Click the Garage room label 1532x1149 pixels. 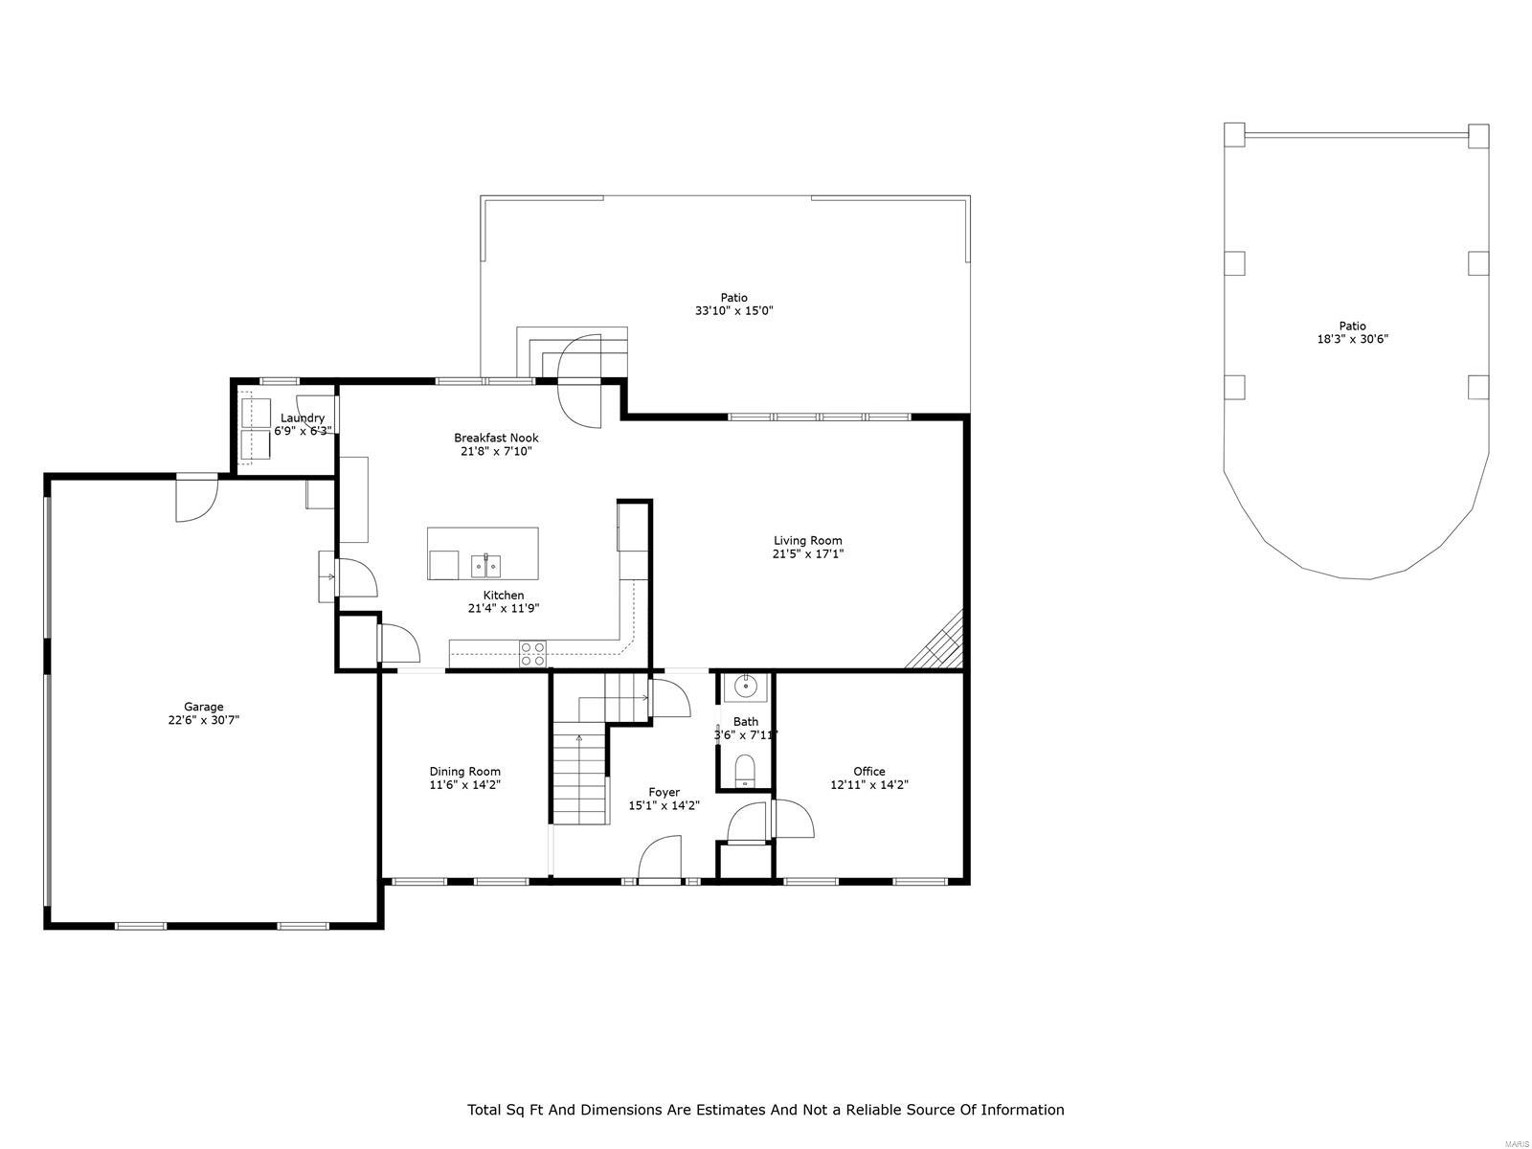[204, 707]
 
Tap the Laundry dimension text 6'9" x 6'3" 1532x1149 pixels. [303, 432]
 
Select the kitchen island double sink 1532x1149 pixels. [486, 566]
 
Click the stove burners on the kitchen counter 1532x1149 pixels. [532, 654]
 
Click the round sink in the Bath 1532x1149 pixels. [745, 687]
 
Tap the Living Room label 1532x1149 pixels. [808, 540]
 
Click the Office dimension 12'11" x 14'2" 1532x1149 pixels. [868, 784]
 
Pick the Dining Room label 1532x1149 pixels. [464, 771]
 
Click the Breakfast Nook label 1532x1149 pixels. [496, 438]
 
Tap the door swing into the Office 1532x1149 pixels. [793, 819]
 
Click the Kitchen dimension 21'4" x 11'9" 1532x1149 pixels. [504, 608]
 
